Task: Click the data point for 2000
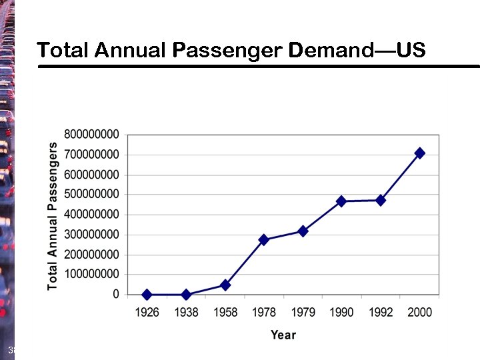coord(419,153)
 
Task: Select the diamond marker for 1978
coord(264,239)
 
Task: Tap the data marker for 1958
coord(225,285)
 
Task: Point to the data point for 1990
coord(341,201)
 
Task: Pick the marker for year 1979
coord(303,231)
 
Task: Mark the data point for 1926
coord(147,294)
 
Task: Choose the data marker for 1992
coord(381,200)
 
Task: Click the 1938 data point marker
coord(186,294)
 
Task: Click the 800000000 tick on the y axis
coord(93,134)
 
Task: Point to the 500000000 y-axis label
coord(93,194)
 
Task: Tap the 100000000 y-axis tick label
coord(93,274)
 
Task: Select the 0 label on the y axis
coord(117,294)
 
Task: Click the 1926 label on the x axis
coord(147,312)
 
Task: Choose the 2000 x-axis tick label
coord(419,312)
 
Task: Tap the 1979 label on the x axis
coord(303,312)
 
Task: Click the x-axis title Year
coord(283,335)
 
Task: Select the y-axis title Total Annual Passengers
coord(53,215)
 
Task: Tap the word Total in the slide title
coord(63,50)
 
